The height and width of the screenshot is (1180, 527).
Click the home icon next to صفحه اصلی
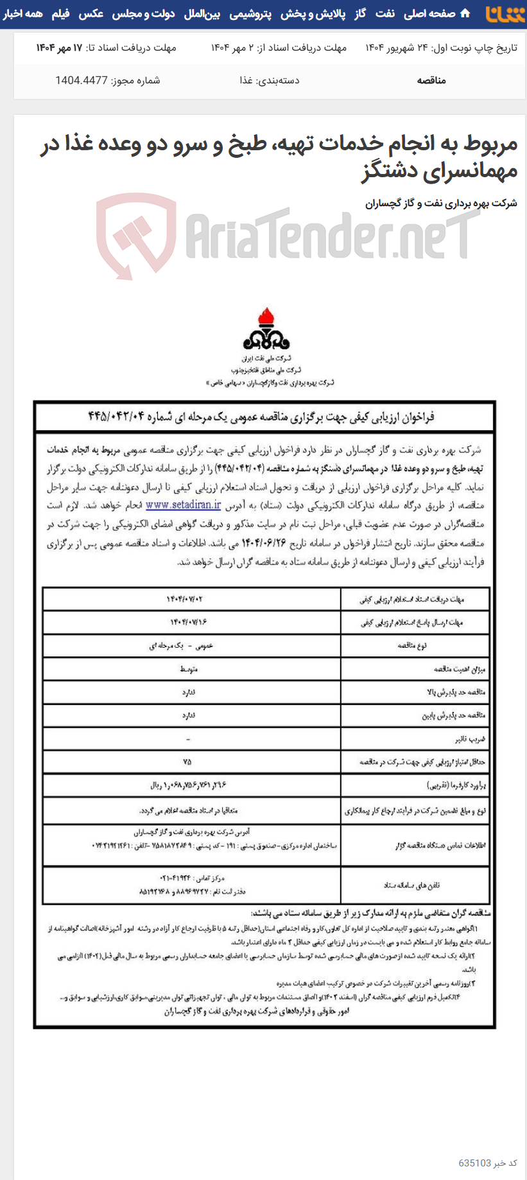tap(465, 13)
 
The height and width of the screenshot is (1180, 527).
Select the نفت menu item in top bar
tap(384, 13)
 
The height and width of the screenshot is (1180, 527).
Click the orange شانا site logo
tap(505, 13)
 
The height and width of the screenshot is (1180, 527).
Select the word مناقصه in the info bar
tap(431, 80)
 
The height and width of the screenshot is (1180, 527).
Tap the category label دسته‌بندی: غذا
tap(269, 80)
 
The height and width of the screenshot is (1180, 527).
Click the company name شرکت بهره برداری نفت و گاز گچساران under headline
tap(441, 204)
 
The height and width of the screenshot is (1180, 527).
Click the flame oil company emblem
tap(265, 329)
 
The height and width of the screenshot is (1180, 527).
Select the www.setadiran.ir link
tap(183, 505)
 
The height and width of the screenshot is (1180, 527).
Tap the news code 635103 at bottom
tap(474, 1163)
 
